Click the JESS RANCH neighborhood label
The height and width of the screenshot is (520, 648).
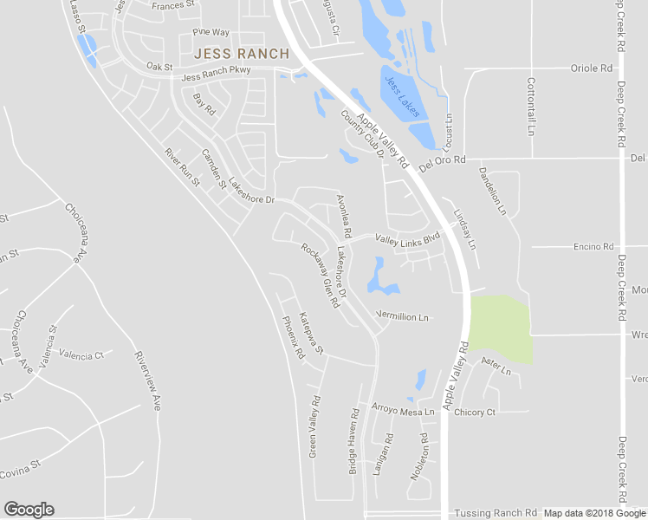242,54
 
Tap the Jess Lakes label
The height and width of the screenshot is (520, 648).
402,96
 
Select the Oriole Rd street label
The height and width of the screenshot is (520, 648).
591,68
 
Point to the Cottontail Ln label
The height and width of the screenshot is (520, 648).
531,107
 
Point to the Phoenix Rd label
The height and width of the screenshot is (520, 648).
295,337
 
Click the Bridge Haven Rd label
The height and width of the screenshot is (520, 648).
353,442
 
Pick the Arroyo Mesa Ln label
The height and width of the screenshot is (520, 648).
402,411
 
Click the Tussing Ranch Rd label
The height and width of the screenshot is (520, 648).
496,513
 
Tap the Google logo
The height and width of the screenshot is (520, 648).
29,510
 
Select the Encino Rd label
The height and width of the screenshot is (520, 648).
593,246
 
